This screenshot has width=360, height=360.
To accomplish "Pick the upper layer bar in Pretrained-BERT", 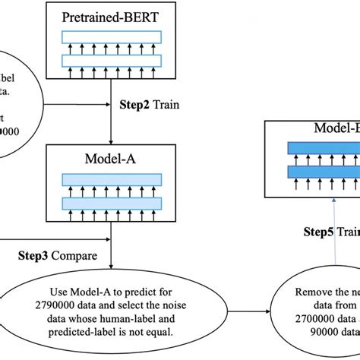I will (x=112, y=36).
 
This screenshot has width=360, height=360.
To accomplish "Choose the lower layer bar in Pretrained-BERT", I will (x=112, y=58).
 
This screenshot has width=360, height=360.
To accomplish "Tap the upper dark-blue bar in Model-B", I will (x=324, y=149).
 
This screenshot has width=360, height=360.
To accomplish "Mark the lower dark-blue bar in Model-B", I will (x=324, y=172).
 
